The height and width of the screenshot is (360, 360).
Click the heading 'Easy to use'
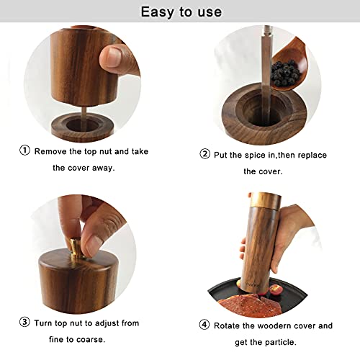coord(181,12)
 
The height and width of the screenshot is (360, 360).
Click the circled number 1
coord(24,151)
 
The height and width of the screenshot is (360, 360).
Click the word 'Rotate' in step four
coord(230,325)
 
